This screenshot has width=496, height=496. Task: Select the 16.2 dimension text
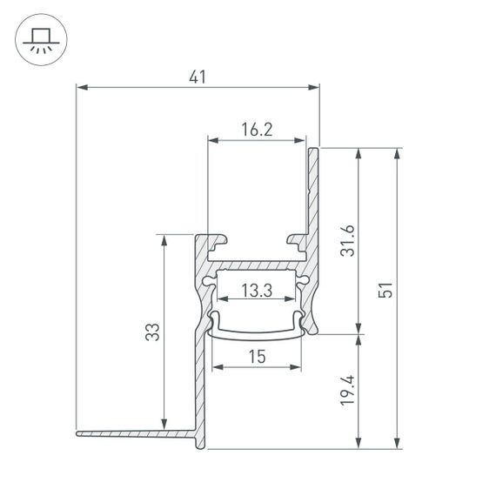[x=257, y=130]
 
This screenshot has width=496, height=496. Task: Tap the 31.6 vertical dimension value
[x=347, y=241]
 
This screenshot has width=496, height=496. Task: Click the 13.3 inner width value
[x=257, y=292]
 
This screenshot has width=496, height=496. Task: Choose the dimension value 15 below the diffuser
[x=257, y=356]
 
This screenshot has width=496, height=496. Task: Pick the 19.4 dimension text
[x=347, y=392]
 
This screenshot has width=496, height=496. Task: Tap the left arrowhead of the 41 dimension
[x=81, y=86]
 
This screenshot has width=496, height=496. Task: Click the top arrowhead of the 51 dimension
[x=398, y=153]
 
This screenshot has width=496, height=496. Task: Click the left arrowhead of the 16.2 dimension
[x=211, y=139]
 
